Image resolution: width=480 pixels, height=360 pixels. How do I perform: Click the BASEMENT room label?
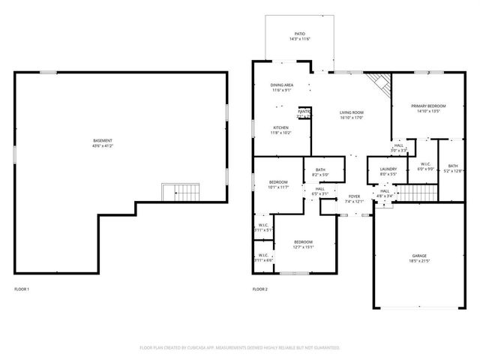pos(103,140)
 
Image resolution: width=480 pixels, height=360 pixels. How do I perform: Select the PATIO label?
pos(299,34)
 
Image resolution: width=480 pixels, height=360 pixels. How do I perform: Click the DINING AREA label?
pos(282,85)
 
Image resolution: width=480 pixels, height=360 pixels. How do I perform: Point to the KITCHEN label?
pos(280,127)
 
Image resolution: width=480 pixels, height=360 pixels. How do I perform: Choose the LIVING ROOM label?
pos(351,112)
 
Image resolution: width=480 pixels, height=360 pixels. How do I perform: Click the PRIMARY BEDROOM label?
pos(428,106)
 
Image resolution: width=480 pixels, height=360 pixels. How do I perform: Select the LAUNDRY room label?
pos(388,169)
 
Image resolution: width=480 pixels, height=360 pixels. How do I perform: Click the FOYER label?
pos(353,196)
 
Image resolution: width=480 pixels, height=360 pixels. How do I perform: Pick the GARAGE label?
pos(418,255)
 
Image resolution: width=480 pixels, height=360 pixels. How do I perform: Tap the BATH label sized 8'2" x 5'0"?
pos(320,169)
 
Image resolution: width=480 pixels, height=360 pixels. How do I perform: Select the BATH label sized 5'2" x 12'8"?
pos(452,166)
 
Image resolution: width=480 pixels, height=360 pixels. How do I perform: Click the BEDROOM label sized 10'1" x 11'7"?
pos(278,182)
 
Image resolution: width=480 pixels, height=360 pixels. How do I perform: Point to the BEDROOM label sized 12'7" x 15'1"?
pos(303,241)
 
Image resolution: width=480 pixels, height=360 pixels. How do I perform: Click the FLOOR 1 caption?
pos(22,289)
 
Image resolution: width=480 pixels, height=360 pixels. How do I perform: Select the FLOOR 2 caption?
pos(259,289)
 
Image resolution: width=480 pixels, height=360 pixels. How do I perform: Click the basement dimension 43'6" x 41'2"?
pos(103,145)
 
